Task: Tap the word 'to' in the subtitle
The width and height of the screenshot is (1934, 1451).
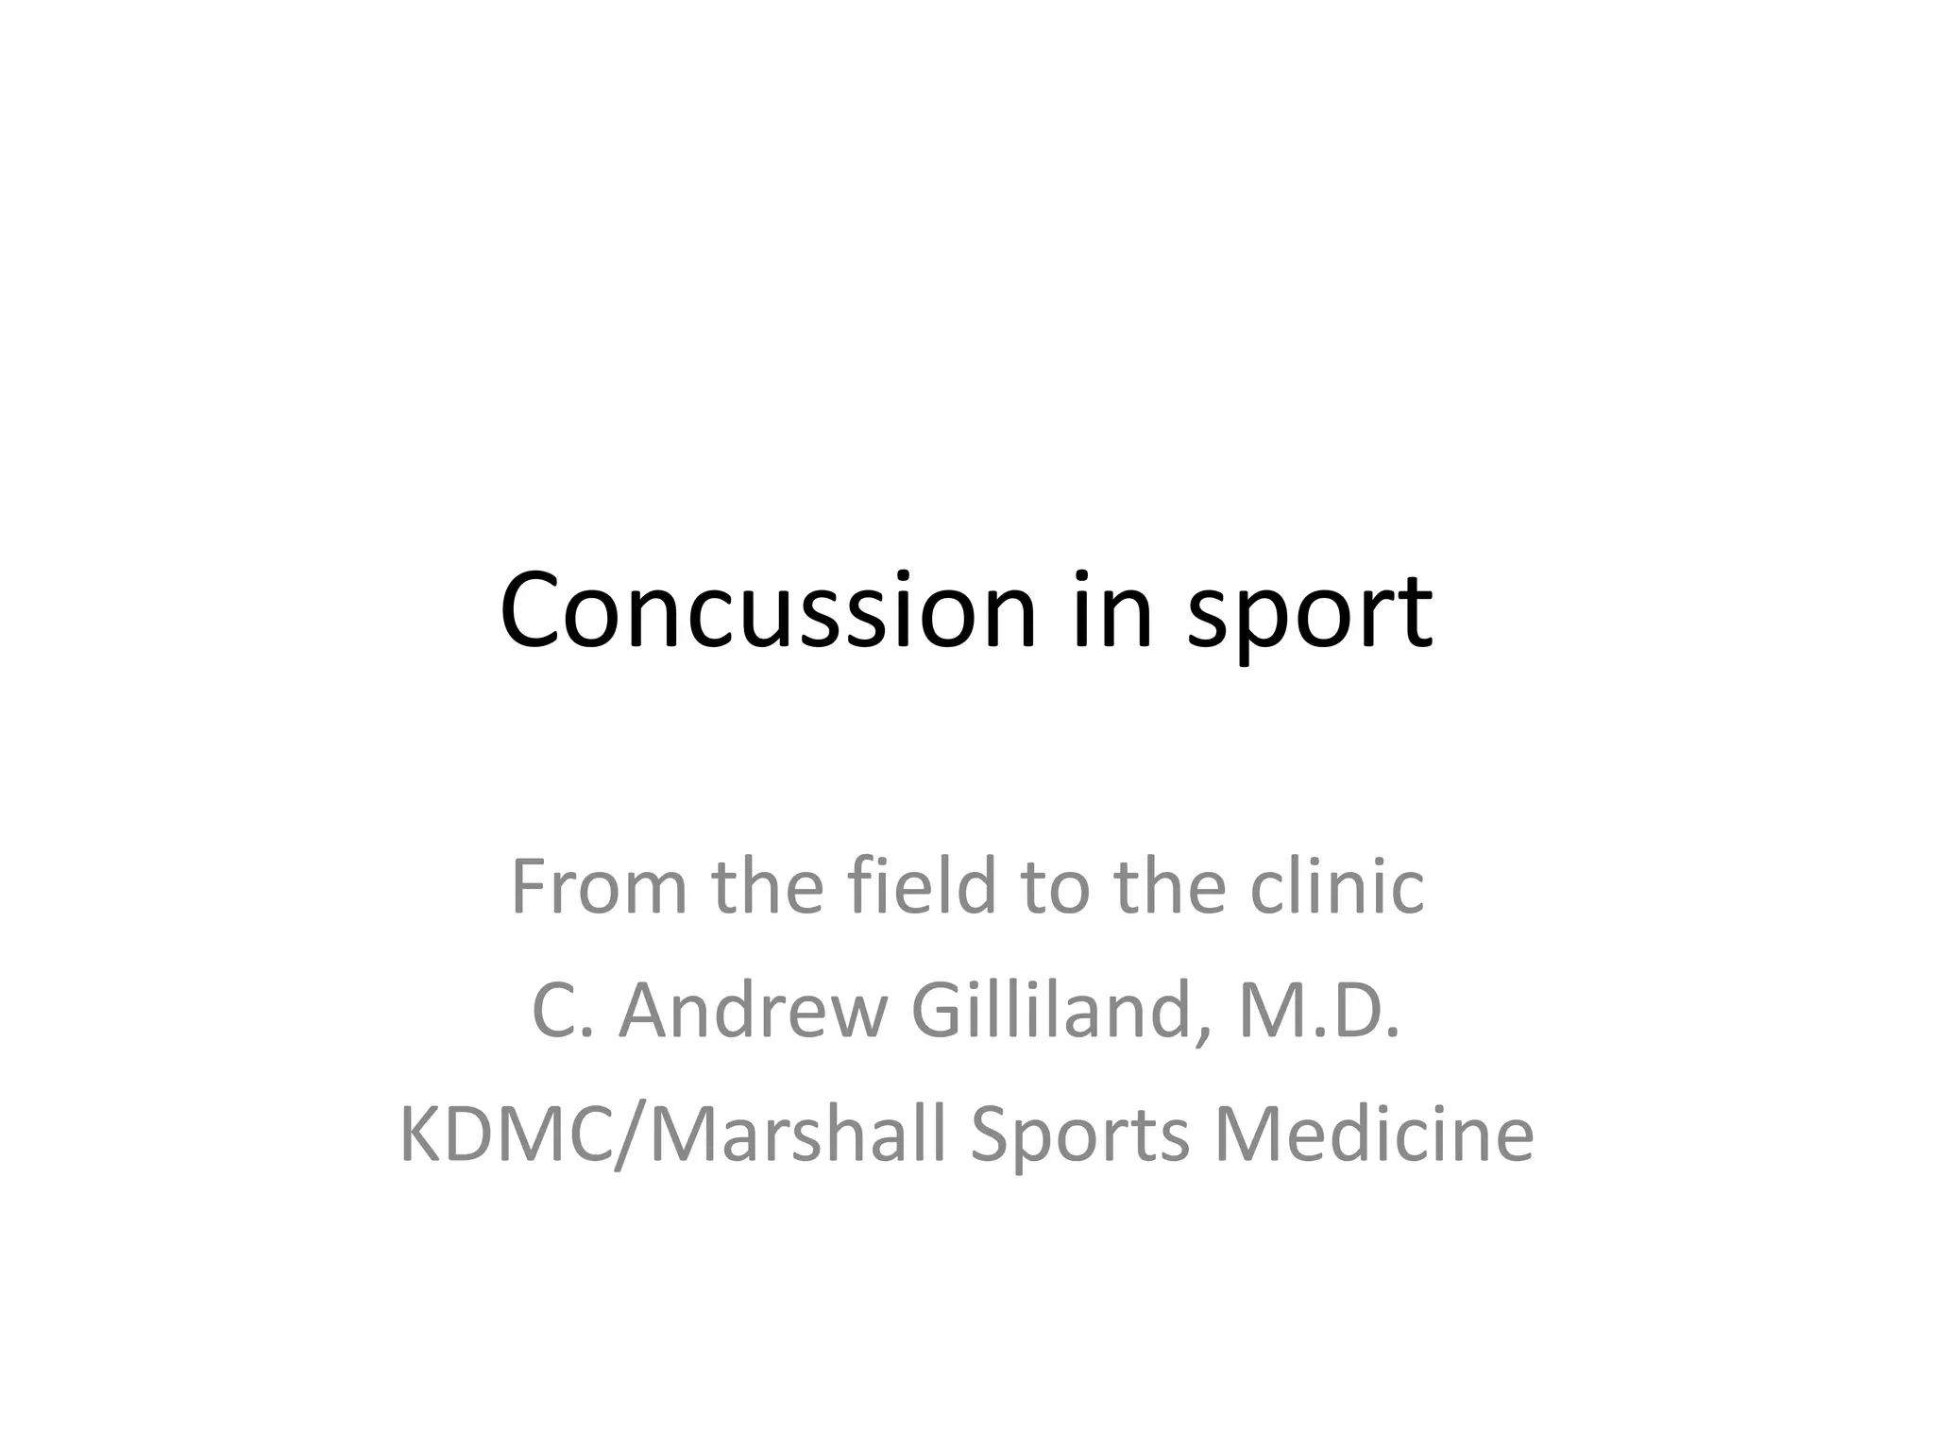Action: (x=1056, y=888)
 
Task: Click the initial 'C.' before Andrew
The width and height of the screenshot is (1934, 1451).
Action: (x=564, y=1010)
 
